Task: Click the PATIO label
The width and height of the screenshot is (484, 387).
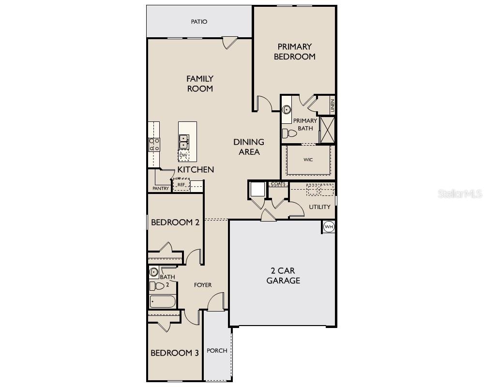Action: (199, 22)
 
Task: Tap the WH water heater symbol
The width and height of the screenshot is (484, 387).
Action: (329, 227)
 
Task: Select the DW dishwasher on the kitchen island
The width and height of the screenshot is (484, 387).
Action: (183, 155)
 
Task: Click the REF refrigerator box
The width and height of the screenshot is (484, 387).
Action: (181, 184)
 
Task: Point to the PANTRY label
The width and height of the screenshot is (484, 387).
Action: (161, 188)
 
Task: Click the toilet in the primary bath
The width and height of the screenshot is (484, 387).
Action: (289, 134)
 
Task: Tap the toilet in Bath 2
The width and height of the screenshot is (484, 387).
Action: (157, 286)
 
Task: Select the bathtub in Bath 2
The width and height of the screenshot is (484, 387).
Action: (163, 301)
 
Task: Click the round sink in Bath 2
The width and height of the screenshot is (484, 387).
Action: (154, 272)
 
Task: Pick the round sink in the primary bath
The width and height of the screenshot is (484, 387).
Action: (287, 109)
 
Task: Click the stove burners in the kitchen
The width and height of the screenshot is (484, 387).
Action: (154, 145)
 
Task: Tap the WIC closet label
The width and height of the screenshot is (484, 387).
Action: (308, 160)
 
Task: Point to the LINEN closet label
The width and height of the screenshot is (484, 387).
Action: (333, 105)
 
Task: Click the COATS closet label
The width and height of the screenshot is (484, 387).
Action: (278, 184)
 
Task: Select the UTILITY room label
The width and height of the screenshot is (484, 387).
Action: (319, 207)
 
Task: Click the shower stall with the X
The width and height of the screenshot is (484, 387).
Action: (328, 130)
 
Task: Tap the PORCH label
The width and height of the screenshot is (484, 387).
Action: (217, 351)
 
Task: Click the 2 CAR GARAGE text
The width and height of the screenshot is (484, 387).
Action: (283, 276)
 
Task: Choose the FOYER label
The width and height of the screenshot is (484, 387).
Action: (203, 285)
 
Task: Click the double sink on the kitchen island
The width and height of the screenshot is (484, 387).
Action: (183, 142)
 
